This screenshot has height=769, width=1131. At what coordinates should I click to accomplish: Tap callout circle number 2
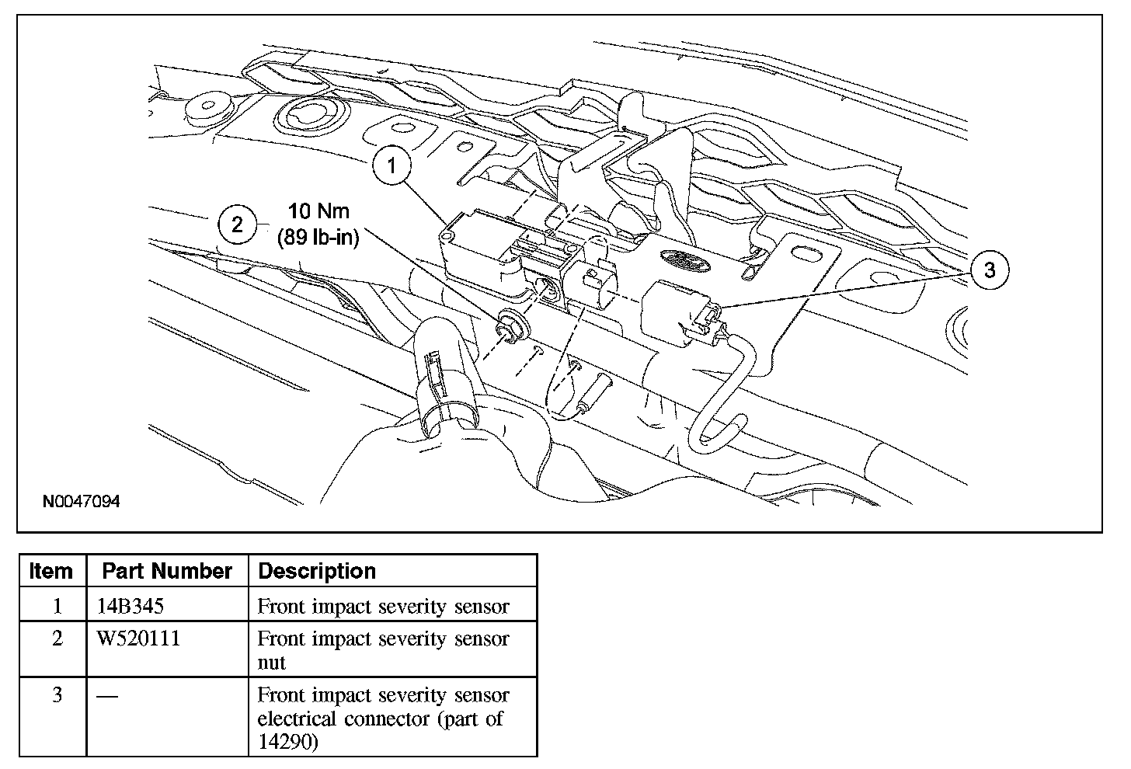tap(238, 224)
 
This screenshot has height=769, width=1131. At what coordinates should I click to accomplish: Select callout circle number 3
tap(989, 270)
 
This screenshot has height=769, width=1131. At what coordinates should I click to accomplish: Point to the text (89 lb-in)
tap(318, 237)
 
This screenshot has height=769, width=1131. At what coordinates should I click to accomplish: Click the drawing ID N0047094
tap(82, 502)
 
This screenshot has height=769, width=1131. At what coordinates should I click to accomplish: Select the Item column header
tap(50, 571)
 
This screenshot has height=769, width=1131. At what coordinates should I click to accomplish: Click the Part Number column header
tap(167, 571)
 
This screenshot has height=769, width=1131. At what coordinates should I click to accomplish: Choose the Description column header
tap(317, 571)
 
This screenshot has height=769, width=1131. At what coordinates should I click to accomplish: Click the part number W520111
tap(138, 639)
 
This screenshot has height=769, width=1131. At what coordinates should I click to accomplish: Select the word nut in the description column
tap(272, 663)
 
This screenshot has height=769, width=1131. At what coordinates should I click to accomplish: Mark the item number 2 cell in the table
tap(56, 639)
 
